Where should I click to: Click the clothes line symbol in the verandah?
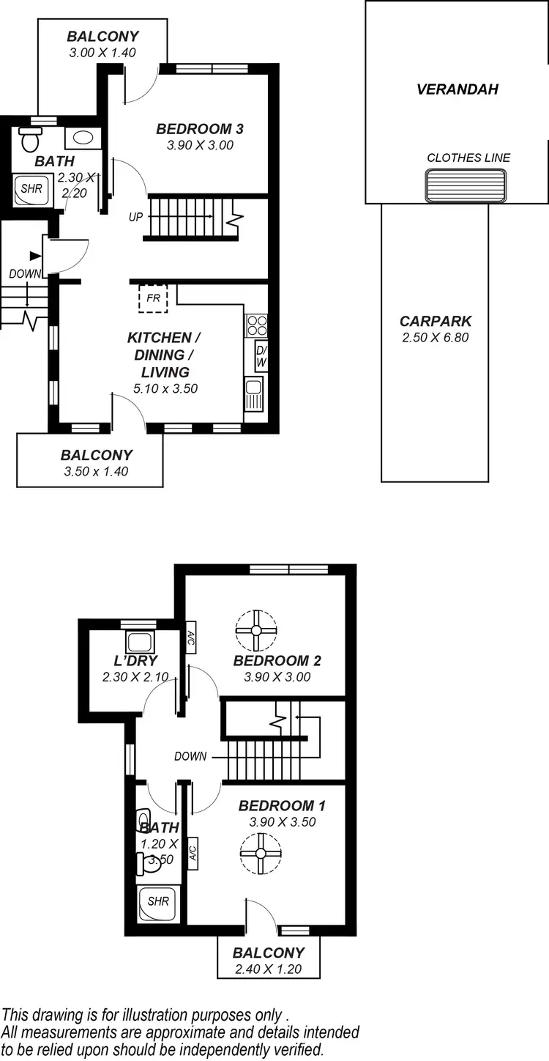[466, 184]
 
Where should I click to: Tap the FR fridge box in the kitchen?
[153, 298]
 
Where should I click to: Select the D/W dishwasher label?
[261, 356]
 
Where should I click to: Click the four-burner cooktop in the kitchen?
[256, 325]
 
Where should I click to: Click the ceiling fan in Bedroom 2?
[256, 630]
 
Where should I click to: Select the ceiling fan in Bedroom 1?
[261, 853]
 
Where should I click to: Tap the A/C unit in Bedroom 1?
[193, 853]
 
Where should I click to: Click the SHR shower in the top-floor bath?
[31, 189]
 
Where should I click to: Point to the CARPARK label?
[435, 321]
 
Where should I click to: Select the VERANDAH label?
[457, 89]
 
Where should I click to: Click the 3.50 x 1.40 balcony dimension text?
[96, 471]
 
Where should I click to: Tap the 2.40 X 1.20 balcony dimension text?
[268, 969]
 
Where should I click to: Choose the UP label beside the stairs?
[135, 217]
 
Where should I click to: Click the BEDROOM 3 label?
[199, 129]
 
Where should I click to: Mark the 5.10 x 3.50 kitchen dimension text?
[165, 388]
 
